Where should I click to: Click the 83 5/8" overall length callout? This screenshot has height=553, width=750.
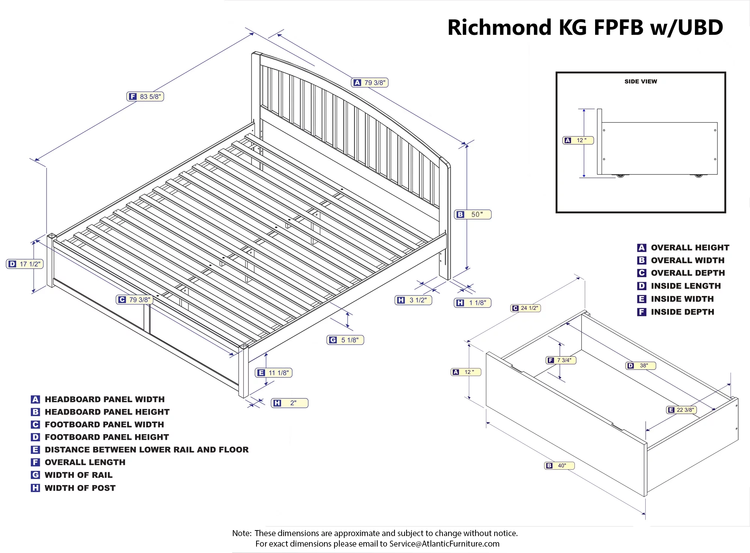pos(145,96)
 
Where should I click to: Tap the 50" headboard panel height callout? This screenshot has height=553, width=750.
pos(472,215)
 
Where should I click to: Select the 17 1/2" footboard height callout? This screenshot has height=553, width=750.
pos(25,264)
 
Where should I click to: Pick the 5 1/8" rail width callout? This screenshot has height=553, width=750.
pos(345,340)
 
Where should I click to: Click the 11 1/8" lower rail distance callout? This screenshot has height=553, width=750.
pos(274,373)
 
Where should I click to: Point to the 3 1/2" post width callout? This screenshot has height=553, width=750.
pos(413,300)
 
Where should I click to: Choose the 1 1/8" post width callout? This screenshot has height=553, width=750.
pos(472,303)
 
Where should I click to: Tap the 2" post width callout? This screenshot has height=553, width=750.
pos(289,403)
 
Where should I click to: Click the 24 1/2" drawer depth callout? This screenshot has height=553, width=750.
pos(525,308)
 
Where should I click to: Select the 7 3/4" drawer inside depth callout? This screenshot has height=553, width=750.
pos(561,360)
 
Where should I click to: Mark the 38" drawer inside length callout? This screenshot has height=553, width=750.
pos(640,365)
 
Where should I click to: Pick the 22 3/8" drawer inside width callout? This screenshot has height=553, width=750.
pos(681,410)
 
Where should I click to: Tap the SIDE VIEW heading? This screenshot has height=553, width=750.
pos(640,81)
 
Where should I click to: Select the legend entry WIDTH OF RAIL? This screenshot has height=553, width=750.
pos(78,475)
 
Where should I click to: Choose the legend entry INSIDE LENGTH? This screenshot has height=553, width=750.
pos(685,286)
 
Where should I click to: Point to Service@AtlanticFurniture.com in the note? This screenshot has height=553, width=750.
pos(444,544)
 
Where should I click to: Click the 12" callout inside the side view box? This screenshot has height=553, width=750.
pos(578,140)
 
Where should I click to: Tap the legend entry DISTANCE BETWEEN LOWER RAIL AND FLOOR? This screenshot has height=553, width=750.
pos(146,449)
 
